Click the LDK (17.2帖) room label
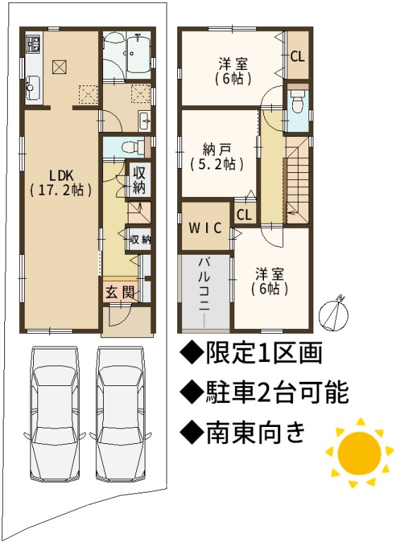click(61, 182)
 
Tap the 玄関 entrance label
click(120, 293)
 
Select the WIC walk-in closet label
click(205, 228)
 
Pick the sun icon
click(359, 452)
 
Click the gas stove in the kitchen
click(34, 43)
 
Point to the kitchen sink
click(33, 88)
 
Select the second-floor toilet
click(297, 101)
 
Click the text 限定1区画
click(251, 353)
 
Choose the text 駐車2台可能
click(264, 392)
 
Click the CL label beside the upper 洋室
click(297, 56)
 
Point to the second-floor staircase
click(296, 180)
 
